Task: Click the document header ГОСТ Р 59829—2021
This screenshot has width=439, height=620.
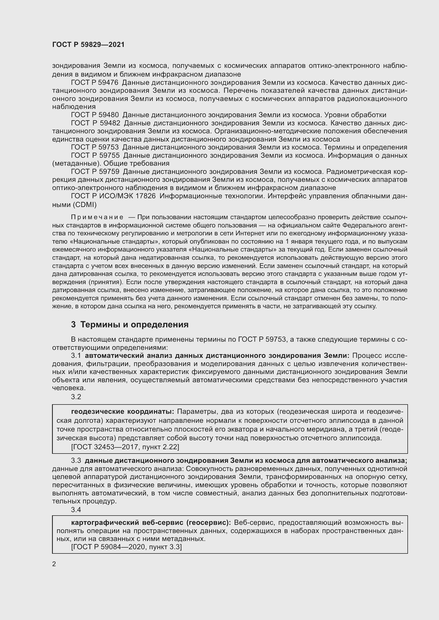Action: pos(88,45)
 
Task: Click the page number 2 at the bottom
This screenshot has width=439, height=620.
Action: pos(54,564)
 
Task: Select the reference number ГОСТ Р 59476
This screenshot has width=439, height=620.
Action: pos(94,82)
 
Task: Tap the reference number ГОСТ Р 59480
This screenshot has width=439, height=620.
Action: pos(94,115)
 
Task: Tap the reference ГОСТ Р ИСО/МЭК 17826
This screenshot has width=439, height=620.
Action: pos(113,196)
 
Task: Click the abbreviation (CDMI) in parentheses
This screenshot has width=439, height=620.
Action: pos(85,205)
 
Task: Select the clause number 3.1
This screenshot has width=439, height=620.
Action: pos(76,356)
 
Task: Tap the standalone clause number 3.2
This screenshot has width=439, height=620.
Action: pos(76,397)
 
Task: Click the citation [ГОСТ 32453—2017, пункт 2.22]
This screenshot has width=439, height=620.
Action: pos(125,447)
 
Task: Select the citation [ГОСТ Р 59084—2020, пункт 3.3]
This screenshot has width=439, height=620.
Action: pos(126,547)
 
